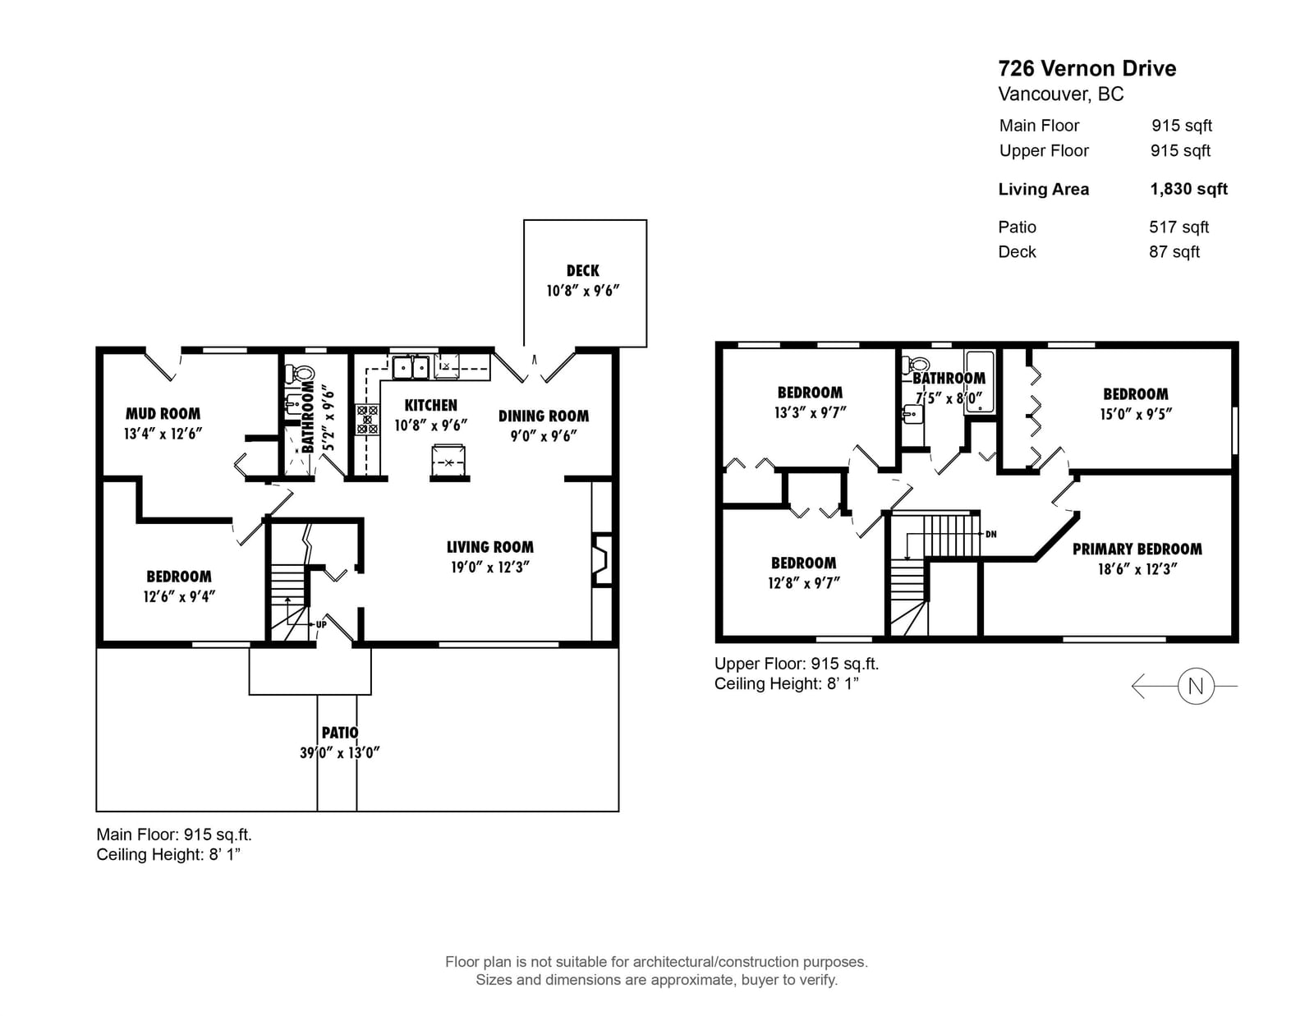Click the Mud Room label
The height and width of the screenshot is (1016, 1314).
(163, 414)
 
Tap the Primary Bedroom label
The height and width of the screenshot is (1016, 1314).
(1137, 549)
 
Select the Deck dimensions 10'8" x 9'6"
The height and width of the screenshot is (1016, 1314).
(583, 291)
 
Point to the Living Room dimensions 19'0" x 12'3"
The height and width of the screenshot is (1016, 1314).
(489, 568)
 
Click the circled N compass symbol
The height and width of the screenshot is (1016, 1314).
(1196, 686)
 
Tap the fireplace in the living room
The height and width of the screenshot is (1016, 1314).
(602, 559)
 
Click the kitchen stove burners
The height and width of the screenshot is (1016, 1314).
(367, 420)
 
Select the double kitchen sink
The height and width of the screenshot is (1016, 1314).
(411, 367)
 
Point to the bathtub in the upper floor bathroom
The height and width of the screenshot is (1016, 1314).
(980, 382)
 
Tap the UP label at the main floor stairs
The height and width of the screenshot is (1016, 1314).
(321, 624)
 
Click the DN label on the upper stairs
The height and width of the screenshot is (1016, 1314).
(991, 534)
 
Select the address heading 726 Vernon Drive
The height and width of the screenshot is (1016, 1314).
(1087, 68)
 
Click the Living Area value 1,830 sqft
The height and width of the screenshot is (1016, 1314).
(1188, 189)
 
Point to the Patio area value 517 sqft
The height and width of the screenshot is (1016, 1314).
(1178, 228)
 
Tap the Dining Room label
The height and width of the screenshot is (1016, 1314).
(543, 416)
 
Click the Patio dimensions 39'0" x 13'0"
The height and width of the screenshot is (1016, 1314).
(340, 753)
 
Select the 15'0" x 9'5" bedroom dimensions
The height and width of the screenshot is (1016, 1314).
(1136, 414)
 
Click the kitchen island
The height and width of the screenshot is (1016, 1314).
(449, 461)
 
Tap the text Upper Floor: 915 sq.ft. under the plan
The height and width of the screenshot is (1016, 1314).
(797, 664)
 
